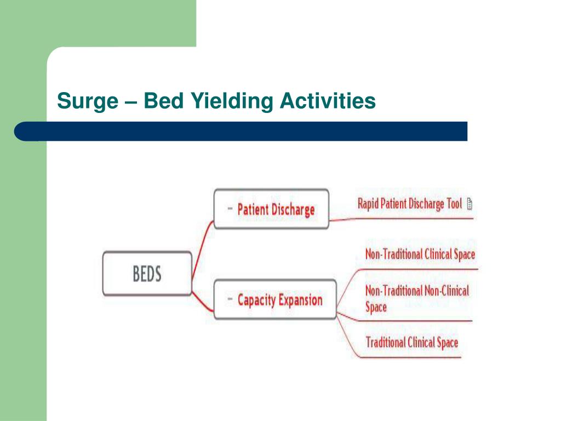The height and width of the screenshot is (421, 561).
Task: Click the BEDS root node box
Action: coord(147,274)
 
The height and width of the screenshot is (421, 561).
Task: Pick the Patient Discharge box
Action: coord(271,209)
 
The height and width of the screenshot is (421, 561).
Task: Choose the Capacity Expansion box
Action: coord(274,300)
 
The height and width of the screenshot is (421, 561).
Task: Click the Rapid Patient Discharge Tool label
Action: coord(410,204)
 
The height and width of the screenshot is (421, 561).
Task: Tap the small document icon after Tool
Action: coord(470,204)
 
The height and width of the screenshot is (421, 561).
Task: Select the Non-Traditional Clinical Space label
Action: coord(420,254)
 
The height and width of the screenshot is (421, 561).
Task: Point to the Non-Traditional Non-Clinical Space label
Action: coord(417,298)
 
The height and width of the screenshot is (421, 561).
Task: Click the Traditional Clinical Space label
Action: coord(411,343)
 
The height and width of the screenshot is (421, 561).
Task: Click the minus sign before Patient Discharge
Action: coord(230,209)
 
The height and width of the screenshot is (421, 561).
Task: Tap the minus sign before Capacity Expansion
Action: coord(230,300)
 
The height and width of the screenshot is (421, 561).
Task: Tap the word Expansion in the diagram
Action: coord(300,300)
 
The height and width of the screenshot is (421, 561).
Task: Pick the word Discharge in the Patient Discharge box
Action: coord(293,209)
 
